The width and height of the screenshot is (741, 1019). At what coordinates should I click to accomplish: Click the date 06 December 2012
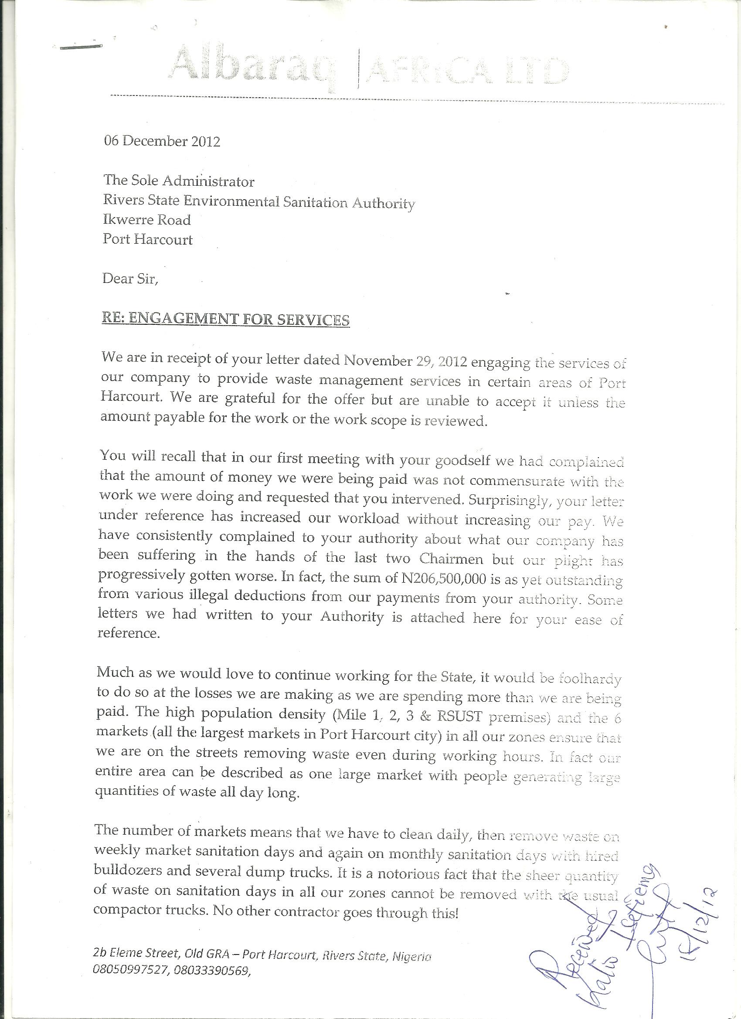[162, 141]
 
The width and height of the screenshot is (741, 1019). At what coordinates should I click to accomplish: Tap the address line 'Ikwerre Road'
[146, 220]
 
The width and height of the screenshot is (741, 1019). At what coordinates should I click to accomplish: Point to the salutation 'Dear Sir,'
[130, 279]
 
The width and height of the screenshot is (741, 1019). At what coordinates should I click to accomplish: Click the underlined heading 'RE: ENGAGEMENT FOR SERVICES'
[226, 319]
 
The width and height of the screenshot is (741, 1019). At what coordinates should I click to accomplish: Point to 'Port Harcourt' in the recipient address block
[147, 239]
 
